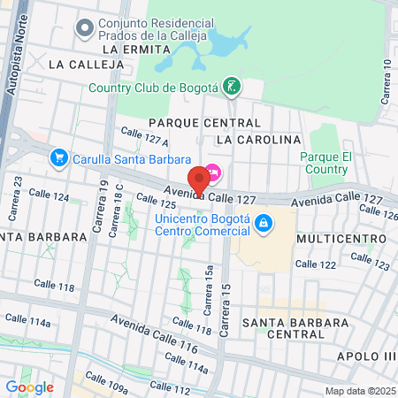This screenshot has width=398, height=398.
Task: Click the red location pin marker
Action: (x=199, y=180)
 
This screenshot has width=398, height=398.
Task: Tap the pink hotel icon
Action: (x=213, y=171)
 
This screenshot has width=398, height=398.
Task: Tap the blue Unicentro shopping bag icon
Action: (x=263, y=225)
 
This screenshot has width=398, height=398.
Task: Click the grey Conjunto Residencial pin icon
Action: (x=86, y=29)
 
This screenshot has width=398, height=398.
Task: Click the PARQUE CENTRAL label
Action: (x=204, y=122)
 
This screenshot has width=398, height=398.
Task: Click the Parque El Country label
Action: (x=327, y=163)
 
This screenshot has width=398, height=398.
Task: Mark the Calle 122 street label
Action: (x=316, y=264)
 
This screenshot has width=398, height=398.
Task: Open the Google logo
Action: (x=29, y=387)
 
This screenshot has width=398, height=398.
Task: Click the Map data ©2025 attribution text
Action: (x=359, y=391)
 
